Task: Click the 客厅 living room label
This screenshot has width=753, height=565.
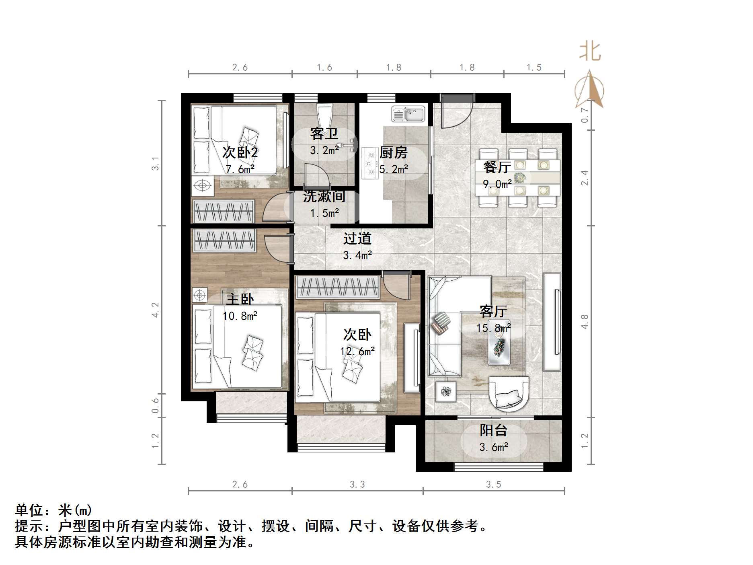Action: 493,311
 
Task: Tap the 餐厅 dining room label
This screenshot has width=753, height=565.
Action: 497,167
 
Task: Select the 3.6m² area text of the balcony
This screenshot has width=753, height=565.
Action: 494,447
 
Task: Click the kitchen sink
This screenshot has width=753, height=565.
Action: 408,114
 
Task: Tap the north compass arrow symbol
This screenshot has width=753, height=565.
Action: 589,91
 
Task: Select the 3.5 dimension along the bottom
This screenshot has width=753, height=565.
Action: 493,485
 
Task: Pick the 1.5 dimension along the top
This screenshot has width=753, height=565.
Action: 534,68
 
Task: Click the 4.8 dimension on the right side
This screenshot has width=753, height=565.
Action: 585,322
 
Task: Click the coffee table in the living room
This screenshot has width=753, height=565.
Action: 500,344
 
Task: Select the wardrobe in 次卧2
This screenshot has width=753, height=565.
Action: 224,211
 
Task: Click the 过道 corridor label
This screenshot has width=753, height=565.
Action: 357,239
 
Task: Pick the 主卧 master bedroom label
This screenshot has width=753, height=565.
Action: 240,299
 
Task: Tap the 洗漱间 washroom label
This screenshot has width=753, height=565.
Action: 324,196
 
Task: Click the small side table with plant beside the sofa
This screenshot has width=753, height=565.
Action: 446,391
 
